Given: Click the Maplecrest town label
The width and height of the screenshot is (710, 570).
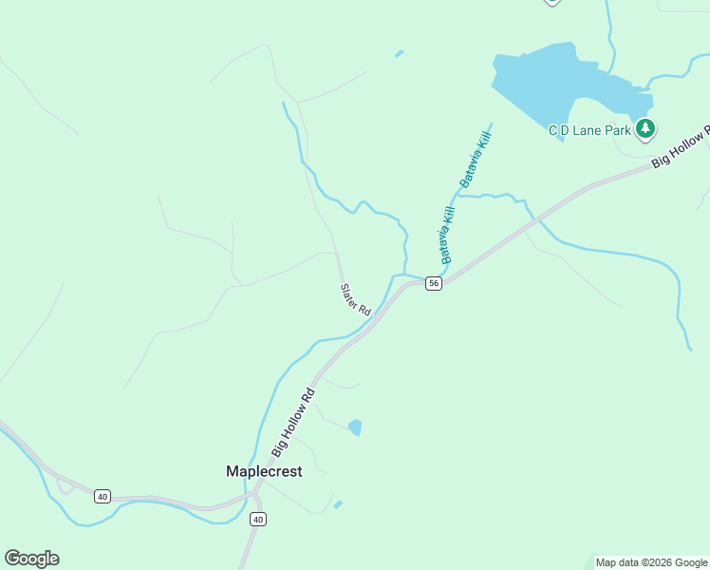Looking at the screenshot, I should pos(264,471).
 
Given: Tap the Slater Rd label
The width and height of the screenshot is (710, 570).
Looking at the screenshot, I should pos(355,299).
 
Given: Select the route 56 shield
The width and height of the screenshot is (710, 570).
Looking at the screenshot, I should pos(433,284).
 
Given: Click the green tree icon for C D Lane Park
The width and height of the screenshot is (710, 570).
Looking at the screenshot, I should pos(645,128).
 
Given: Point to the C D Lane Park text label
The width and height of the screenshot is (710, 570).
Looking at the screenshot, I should pos(589,130).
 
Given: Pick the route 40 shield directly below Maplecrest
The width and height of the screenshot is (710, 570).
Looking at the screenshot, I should pos(258,519).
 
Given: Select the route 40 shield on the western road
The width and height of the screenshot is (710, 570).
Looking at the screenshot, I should pos(103,496).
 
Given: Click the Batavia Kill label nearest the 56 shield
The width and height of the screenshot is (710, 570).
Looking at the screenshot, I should pos(449,235).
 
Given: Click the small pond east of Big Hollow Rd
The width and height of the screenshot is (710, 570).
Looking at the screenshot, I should pos(355,427).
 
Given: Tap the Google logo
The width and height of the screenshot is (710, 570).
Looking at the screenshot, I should pos(31,559).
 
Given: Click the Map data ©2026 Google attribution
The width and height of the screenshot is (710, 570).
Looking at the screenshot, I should pos(650,562).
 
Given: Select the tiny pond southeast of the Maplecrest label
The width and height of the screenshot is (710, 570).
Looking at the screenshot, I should pos(338,504).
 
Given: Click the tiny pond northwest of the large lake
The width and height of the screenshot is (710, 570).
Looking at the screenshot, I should pos(400,53).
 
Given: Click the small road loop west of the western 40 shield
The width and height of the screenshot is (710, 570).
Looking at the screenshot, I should pos(65,487).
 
